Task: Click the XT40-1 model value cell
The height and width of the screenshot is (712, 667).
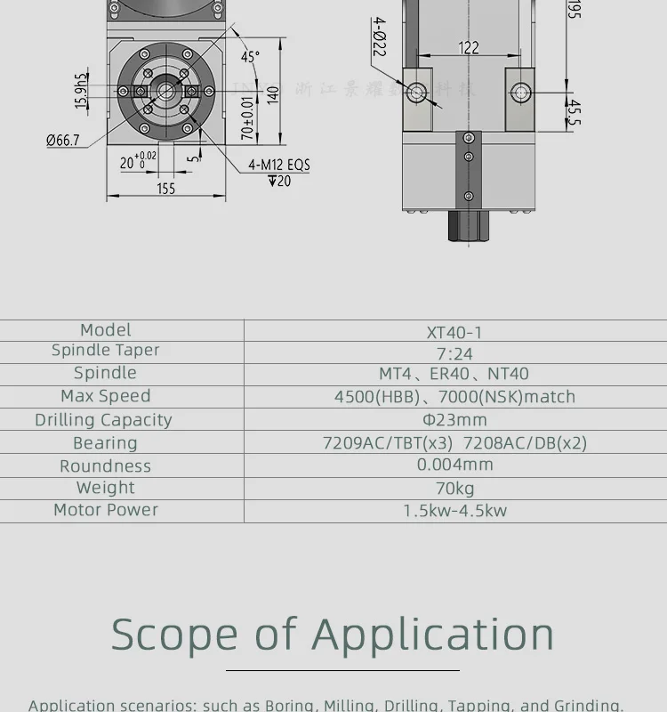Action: click(x=454, y=332)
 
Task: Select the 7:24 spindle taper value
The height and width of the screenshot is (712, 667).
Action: click(x=454, y=353)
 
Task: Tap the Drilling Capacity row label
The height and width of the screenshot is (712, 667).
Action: click(x=104, y=420)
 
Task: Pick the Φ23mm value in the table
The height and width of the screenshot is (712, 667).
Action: click(x=454, y=419)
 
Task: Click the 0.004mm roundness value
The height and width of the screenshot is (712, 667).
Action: click(x=454, y=465)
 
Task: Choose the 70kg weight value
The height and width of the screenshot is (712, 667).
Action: click(x=454, y=488)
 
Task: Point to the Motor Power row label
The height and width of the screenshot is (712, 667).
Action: click(x=106, y=510)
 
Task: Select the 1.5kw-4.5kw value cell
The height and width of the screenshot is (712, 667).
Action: click(x=454, y=511)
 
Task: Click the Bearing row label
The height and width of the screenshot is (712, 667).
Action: click(x=105, y=443)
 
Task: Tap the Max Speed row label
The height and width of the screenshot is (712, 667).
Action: click(x=105, y=396)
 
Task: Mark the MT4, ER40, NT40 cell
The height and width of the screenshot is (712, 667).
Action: click(x=454, y=374)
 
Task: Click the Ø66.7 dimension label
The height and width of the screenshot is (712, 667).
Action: click(x=63, y=140)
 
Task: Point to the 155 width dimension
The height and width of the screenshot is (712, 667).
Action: click(x=166, y=188)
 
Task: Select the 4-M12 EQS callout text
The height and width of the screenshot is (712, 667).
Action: click(x=279, y=165)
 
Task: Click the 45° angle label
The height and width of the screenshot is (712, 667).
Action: click(x=250, y=57)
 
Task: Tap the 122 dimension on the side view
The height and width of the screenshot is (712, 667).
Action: click(x=469, y=48)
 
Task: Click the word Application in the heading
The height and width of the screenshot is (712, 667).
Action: click(x=433, y=635)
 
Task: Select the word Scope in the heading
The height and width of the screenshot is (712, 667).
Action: click(x=174, y=635)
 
